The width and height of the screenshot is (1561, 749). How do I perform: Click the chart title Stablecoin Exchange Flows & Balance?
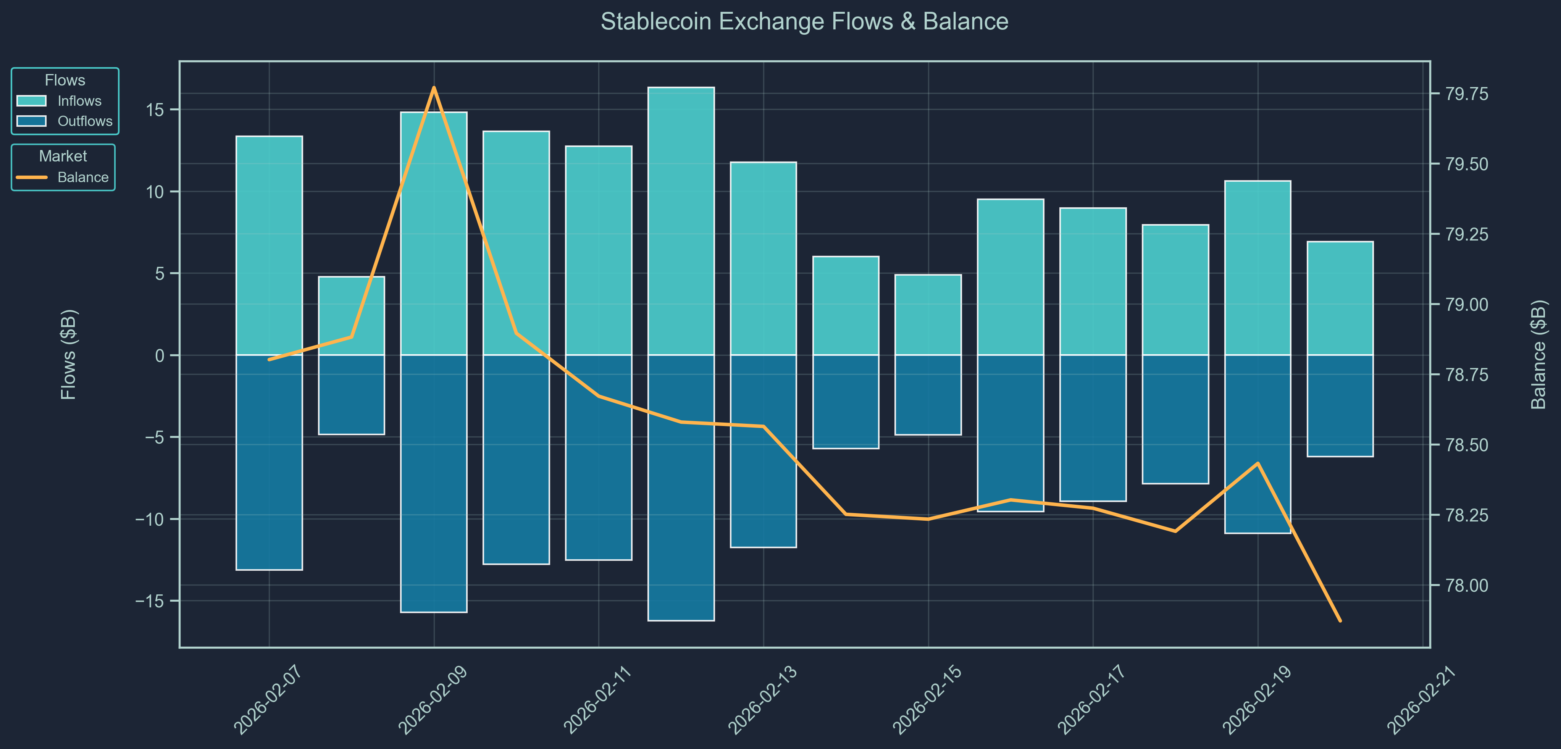click(804, 22)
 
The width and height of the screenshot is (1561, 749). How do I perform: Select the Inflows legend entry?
click(79, 101)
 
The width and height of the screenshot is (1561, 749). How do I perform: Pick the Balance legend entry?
click(82, 178)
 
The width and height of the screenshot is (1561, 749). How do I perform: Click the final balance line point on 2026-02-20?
click(1340, 620)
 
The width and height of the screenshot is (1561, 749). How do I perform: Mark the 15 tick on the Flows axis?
click(159, 110)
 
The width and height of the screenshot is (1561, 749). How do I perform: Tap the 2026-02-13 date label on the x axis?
click(763, 699)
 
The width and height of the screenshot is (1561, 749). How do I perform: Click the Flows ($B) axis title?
click(68, 355)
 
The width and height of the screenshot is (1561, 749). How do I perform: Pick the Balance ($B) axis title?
click(1538, 355)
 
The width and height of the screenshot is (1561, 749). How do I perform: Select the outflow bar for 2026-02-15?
click(928, 394)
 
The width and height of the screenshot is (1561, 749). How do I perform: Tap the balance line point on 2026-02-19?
click(1258, 463)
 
